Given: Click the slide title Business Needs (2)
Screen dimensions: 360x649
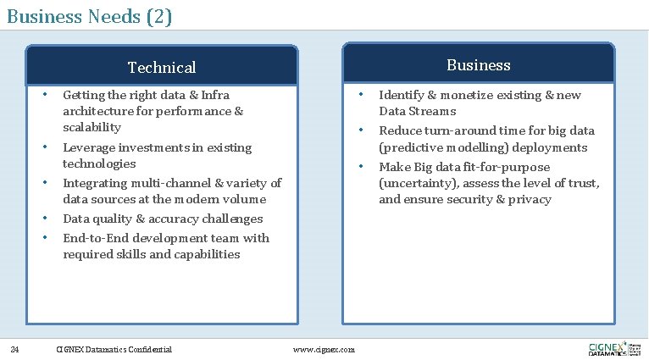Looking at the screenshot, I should coord(89,15).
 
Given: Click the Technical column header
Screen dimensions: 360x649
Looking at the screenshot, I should coord(161,67).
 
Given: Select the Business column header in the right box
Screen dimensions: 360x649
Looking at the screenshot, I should coord(478,65).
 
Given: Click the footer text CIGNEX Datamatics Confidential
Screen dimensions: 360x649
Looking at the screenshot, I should coord(113,349).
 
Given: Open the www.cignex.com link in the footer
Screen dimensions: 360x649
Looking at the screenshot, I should coord(323,349).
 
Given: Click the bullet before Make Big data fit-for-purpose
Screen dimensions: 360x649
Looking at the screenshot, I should coord(362,166).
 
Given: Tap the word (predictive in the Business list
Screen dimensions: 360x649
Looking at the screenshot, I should coord(412,147).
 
